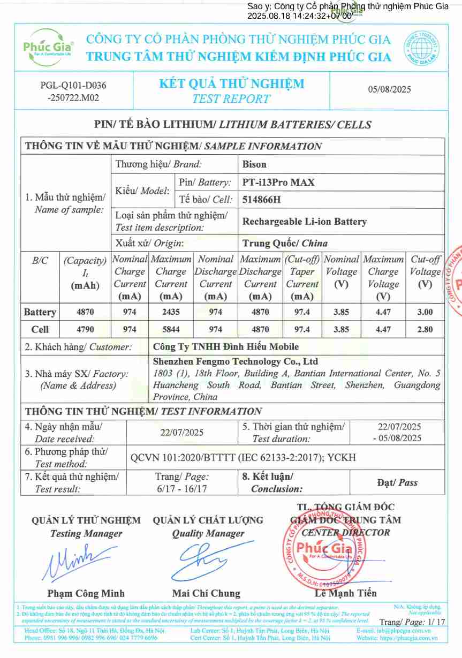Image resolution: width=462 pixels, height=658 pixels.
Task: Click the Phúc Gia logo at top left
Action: click(48, 47)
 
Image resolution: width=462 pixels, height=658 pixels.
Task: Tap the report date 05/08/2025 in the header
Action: click(389, 89)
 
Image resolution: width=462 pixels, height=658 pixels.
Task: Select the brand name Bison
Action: click(254, 164)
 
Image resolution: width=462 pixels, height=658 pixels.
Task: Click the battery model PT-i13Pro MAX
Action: click(278, 182)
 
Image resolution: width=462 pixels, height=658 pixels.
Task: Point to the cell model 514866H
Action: click(262, 200)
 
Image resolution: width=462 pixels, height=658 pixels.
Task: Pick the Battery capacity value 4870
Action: click(85, 312)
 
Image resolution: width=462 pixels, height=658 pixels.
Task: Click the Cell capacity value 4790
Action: click(85, 329)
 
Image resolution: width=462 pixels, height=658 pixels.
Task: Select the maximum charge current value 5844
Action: click(171, 329)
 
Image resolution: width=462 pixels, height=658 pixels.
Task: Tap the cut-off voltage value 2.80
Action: click(425, 329)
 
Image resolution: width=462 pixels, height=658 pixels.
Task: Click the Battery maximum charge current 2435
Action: click(171, 312)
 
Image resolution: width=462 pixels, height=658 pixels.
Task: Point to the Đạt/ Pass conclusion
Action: click(397, 482)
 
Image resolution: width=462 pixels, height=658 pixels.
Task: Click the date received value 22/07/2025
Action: click(182, 432)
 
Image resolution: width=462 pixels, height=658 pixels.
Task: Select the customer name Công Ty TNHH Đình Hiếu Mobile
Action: click(226, 347)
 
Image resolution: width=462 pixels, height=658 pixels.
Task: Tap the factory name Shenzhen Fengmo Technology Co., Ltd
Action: click(236, 362)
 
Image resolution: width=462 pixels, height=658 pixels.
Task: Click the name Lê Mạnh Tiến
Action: click(345, 593)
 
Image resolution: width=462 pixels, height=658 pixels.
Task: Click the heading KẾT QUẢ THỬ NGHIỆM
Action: click(231, 84)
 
